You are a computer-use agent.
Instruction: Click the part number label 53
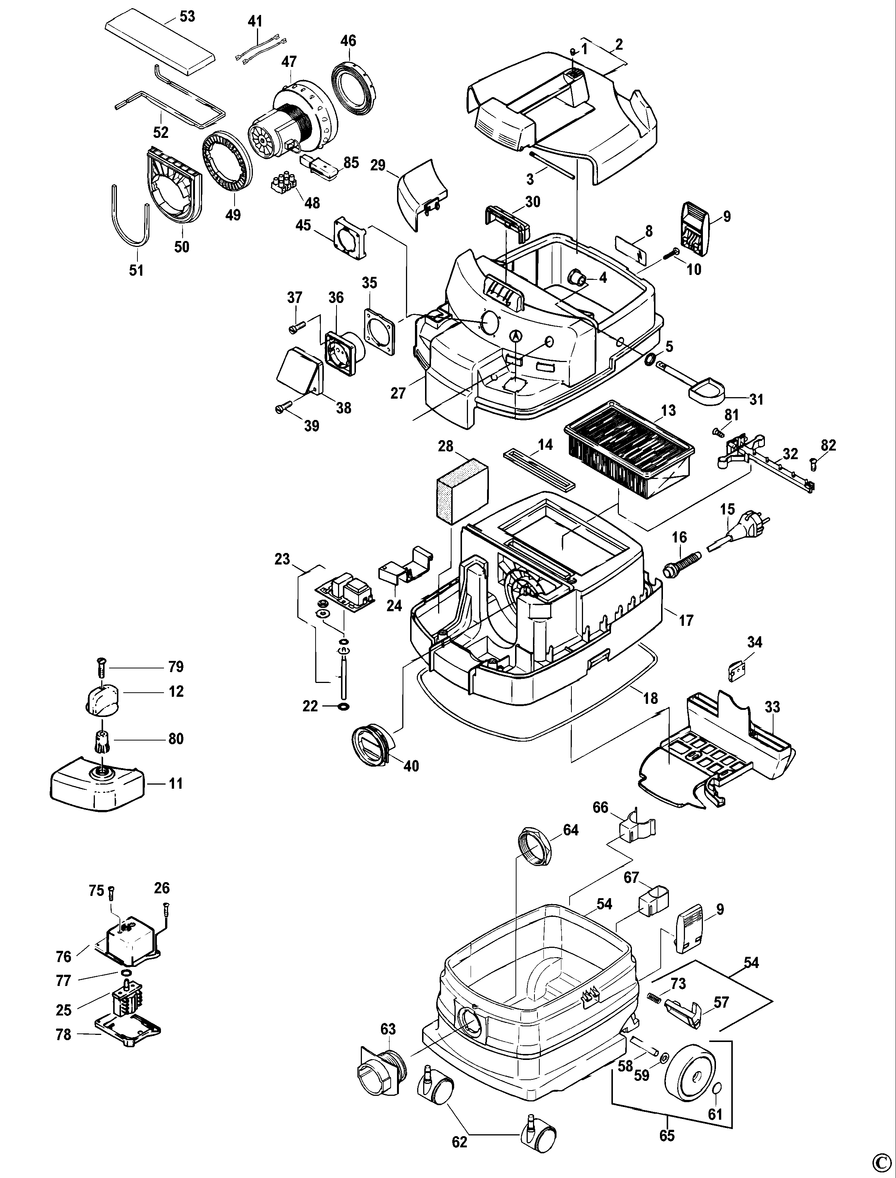click(x=187, y=16)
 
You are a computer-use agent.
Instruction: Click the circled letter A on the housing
click(x=515, y=336)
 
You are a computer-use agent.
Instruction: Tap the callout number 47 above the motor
click(x=289, y=62)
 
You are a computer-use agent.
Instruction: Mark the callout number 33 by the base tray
click(x=772, y=707)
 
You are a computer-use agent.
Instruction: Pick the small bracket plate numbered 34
click(x=737, y=671)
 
